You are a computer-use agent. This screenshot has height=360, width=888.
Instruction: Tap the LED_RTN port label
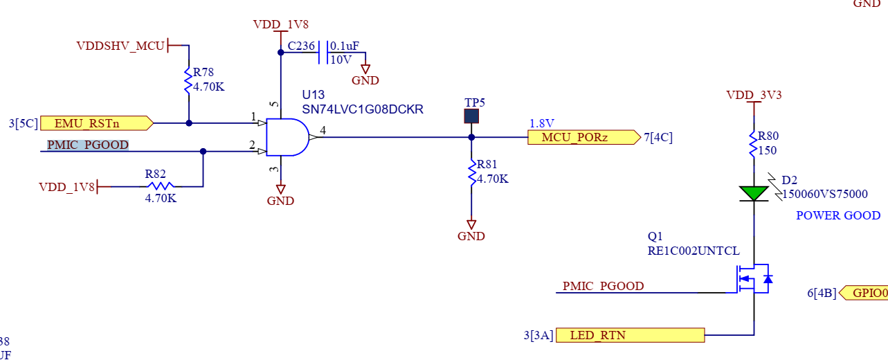pos(630,336)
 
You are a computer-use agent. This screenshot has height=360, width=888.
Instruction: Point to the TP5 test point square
pos(471,116)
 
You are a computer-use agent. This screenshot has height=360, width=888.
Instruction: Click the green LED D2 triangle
pos(753,192)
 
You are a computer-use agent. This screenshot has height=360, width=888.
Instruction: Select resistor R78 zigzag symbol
pos(188,80)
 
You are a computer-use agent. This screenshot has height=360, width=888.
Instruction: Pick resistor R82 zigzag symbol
pos(161,186)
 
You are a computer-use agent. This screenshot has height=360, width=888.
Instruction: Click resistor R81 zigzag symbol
pos(471,172)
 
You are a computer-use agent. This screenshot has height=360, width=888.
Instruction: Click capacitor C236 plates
pos(323,52)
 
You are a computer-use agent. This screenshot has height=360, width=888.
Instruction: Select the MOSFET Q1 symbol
pos(751,280)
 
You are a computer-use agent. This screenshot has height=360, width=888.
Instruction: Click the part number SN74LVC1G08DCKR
pos(362,109)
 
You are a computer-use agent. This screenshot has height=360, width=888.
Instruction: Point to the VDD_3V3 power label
pos(754,95)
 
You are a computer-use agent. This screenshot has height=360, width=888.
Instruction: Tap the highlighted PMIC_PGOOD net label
pos(88,145)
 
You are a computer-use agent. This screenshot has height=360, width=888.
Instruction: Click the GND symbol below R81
pos(471,226)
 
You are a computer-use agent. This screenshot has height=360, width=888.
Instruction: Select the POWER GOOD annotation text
pos(837,215)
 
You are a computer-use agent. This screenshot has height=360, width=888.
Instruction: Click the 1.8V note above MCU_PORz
pos(542,123)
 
